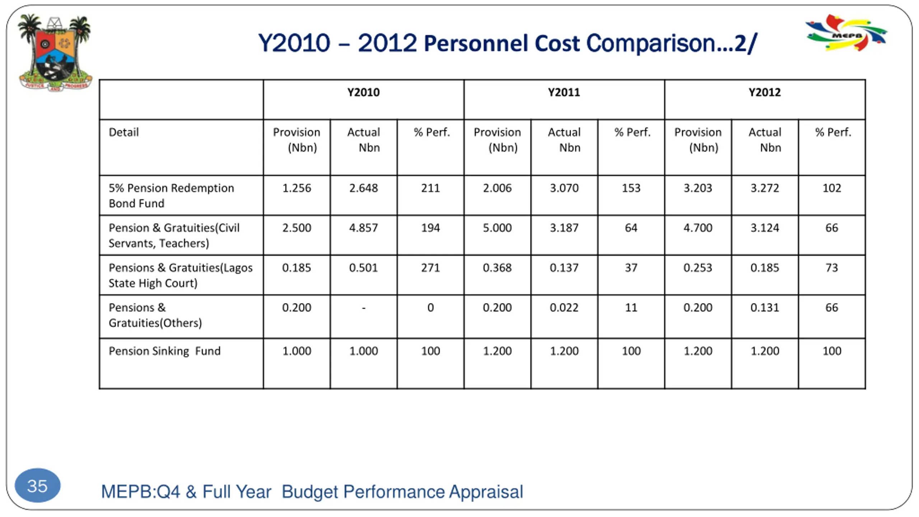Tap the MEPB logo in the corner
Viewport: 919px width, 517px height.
pos(846,33)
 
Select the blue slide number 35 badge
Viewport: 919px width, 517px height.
pos(37,486)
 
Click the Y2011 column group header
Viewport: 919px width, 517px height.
pos(564,93)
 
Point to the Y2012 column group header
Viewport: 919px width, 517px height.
pos(764,93)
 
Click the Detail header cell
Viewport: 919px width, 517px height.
pos(123,132)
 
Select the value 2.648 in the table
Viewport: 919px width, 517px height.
pos(363,188)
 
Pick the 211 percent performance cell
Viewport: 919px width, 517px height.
pos(430,188)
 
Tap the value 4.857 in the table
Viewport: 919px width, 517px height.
pos(363,228)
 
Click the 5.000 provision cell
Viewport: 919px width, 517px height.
pos(497,228)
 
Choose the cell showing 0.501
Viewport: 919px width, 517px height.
pos(363,268)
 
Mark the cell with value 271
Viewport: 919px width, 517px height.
pos(430,268)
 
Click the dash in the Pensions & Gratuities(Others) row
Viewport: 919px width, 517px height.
pos(364,308)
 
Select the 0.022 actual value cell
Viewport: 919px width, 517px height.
pos(564,308)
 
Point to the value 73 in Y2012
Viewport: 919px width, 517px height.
pos(831,268)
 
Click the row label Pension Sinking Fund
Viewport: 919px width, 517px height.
pos(164,351)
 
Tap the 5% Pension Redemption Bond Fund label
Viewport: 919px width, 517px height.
pos(171,196)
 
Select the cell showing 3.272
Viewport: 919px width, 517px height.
pos(764,188)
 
